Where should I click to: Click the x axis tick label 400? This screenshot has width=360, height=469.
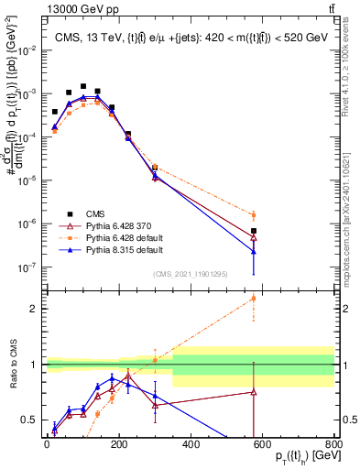(191, 445)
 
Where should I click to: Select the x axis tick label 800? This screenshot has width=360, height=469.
(333, 445)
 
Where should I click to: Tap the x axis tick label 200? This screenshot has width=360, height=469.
(119, 445)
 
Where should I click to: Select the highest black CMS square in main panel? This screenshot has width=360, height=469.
(83, 86)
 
